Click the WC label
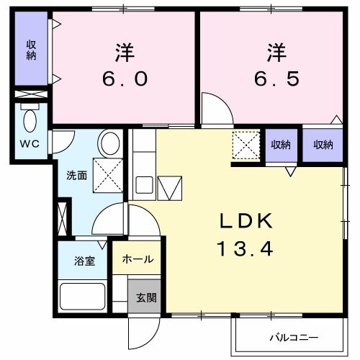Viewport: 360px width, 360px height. tap(30, 144)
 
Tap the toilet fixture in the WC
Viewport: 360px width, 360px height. tap(30, 119)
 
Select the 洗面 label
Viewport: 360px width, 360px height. tap(77, 175)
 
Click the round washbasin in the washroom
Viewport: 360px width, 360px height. tap(110, 143)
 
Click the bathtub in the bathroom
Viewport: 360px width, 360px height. tap(82, 295)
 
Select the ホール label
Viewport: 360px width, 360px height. tap(136, 259)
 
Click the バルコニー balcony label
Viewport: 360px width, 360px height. tap(294, 337)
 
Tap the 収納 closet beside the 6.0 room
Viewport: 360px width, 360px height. tap(31, 50)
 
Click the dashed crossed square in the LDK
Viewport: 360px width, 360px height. tap(247, 145)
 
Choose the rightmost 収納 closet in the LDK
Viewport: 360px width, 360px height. tap(323, 145)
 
